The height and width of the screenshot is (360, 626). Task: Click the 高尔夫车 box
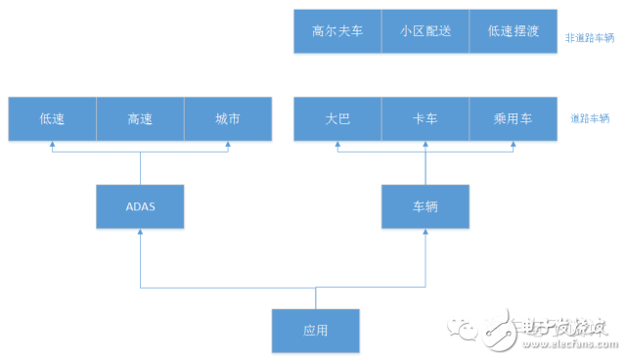(x=336, y=31)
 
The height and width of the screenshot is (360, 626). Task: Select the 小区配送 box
(x=425, y=31)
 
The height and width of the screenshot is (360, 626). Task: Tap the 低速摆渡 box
(x=512, y=31)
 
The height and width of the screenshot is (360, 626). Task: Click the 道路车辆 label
(x=592, y=119)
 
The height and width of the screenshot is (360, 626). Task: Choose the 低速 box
(x=52, y=118)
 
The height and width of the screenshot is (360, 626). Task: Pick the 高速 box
(x=140, y=118)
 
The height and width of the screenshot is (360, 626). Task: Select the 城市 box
(x=228, y=118)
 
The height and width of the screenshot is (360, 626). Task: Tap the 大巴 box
(x=336, y=118)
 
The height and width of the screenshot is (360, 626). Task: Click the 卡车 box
(x=425, y=118)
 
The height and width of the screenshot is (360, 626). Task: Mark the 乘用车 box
(x=513, y=118)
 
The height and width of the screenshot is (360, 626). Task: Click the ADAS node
(x=140, y=206)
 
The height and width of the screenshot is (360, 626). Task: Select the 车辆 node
(x=425, y=206)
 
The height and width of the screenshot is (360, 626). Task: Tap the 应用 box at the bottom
(x=315, y=330)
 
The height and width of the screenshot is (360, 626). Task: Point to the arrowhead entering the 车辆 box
(x=425, y=233)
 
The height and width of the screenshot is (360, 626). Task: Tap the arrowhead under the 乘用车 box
(x=513, y=145)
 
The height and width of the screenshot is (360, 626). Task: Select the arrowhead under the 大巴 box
(x=336, y=145)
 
